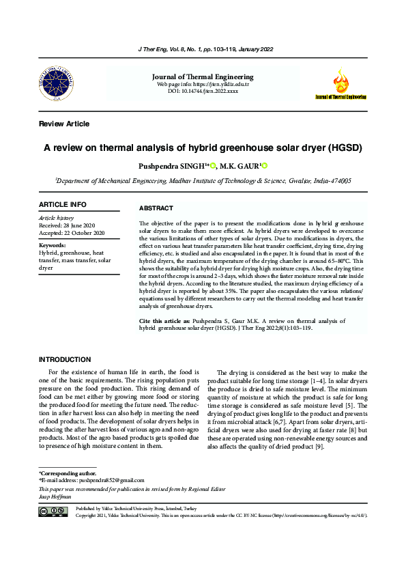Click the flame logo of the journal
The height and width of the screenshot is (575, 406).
(x=339, y=81)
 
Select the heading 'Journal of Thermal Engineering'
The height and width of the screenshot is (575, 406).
(x=202, y=77)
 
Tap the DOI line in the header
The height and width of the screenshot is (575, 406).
(x=203, y=90)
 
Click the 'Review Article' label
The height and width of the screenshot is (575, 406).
(x=64, y=124)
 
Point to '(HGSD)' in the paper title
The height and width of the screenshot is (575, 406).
(x=343, y=148)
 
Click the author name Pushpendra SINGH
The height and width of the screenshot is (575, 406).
(x=174, y=165)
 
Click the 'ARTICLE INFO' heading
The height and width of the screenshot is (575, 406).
(x=63, y=204)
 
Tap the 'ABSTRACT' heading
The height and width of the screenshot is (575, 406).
(x=156, y=208)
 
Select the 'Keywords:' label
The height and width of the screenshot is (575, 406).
(x=53, y=244)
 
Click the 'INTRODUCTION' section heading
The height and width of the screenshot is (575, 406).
(x=65, y=359)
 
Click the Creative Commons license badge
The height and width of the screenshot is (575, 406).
(x=54, y=512)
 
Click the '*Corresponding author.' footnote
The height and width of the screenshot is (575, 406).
(x=68, y=473)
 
